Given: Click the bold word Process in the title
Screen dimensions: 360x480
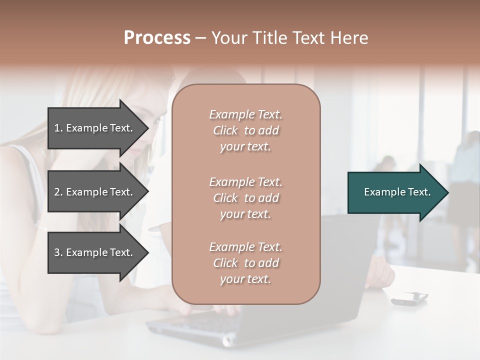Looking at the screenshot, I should [157, 38].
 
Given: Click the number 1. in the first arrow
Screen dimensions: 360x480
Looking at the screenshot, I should [58, 128].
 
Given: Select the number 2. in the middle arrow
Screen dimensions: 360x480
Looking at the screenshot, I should [58, 192].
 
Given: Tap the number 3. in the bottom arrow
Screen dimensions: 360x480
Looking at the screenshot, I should [58, 252].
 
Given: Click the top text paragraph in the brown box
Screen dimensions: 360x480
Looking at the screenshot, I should [245, 130].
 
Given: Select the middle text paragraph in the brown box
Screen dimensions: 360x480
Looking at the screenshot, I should [245, 198].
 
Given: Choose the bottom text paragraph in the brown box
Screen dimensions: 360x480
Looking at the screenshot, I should [245, 263].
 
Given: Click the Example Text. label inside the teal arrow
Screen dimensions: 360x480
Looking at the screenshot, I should [397, 192].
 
